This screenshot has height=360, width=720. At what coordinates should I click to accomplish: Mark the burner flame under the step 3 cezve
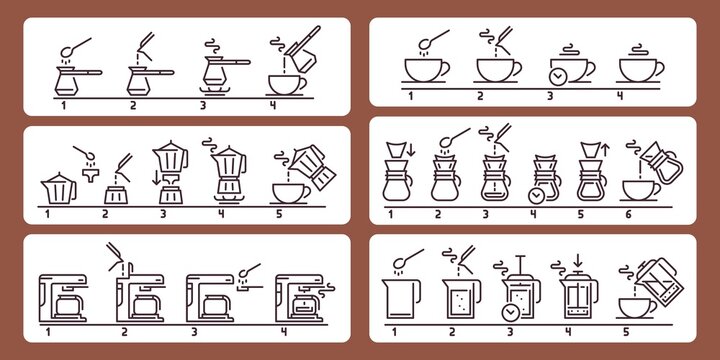(214, 88)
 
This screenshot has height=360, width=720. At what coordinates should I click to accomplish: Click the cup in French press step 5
(631, 307)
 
